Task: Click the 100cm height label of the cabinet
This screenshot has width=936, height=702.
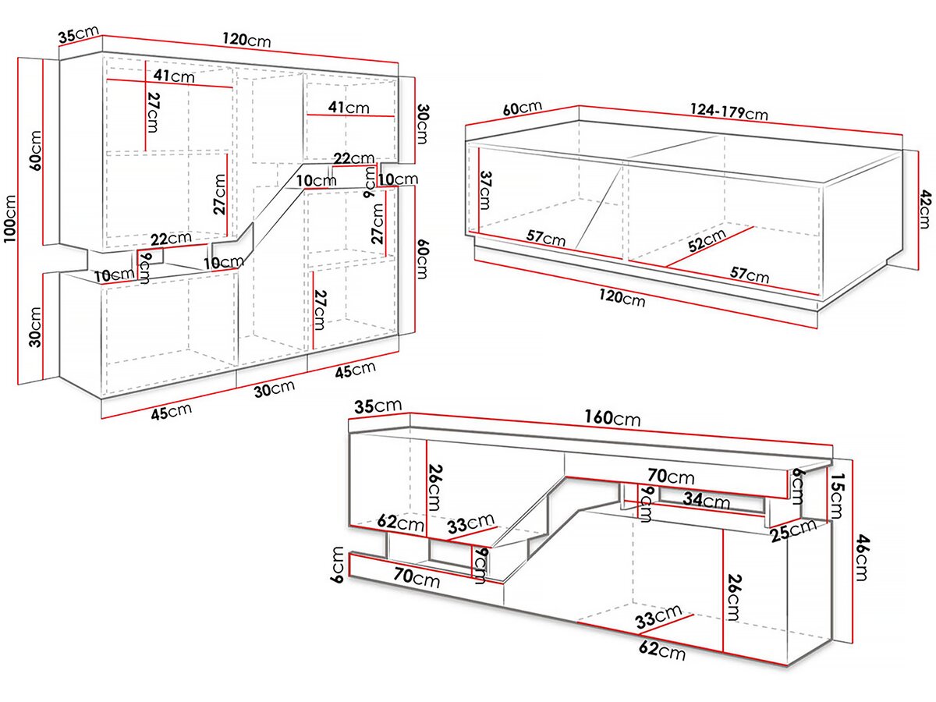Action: (x=12, y=218)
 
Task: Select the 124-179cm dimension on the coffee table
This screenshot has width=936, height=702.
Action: (x=729, y=111)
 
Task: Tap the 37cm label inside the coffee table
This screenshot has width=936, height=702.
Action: (x=485, y=190)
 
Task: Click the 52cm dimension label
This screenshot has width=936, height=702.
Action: (x=706, y=239)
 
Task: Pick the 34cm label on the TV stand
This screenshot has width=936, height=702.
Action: (x=706, y=499)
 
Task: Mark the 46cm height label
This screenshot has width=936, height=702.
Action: (x=860, y=557)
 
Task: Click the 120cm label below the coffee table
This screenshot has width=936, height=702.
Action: (x=622, y=296)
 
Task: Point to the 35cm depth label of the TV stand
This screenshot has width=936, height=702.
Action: (x=378, y=406)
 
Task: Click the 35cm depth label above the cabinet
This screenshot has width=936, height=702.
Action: (x=78, y=34)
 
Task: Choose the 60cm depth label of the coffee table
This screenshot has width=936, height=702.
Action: (x=522, y=108)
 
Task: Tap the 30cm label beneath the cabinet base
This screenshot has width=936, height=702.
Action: (x=274, y=388)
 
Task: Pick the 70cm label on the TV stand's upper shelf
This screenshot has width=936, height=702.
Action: (x=672, y=476)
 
